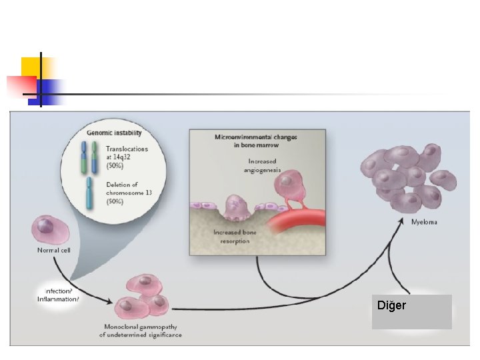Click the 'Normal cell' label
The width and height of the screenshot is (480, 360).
point(53,251)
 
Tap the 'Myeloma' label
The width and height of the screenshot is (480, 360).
point(424,222)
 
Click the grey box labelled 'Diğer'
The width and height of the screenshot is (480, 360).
point(411,311)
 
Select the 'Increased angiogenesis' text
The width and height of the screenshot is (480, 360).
point(262,166)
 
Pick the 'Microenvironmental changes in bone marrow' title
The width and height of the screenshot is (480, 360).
point(256,141)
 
